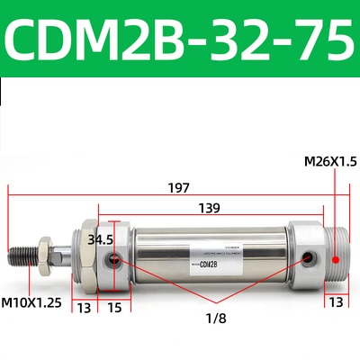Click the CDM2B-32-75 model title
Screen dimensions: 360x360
[180, 39]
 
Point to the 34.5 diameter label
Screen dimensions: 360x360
[102, 239]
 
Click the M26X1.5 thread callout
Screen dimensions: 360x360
[329, 161]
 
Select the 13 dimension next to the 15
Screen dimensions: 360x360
[84, 308]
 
